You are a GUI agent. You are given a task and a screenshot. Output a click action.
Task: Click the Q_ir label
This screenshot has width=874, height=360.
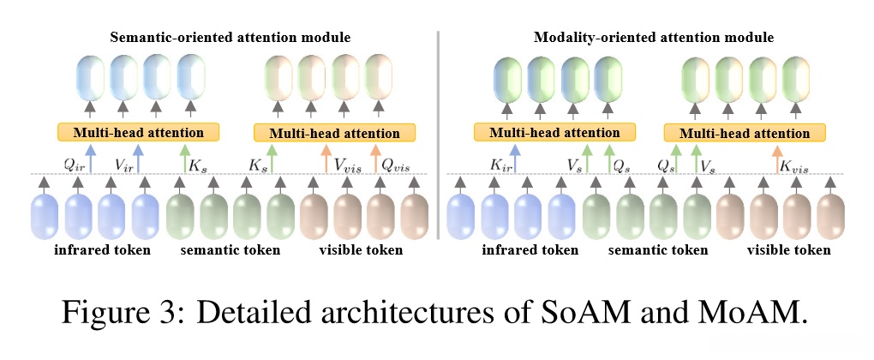pyautogui.click(x=74, y=165)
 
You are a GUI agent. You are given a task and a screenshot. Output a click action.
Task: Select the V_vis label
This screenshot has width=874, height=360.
pyautogui.click(x=348, y=165)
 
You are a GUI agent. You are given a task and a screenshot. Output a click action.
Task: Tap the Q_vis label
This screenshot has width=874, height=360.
pyautogui.click(x=393, y=165)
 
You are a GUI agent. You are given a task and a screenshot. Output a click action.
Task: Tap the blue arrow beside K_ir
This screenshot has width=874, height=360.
pyautogui.click(x=515, y=159)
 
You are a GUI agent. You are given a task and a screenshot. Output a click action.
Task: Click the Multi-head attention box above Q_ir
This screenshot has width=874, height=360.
pyautogui.click(x=138, y=132)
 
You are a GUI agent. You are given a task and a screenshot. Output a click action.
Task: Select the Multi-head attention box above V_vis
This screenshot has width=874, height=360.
pyautogui.click(x=334, y=133)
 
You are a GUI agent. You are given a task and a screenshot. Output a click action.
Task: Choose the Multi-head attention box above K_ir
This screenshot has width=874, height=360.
pyautogui.click(x=554, y=133)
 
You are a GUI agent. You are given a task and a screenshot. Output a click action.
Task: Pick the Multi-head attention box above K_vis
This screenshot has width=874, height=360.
pyautogui.click(x=744, y=133)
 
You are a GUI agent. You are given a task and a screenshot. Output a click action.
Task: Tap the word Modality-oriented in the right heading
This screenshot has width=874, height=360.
pyautogui.click(x=580, y=38)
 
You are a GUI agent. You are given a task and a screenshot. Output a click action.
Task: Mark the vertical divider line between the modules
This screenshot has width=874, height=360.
pyautogui.click(x=438, y=135)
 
